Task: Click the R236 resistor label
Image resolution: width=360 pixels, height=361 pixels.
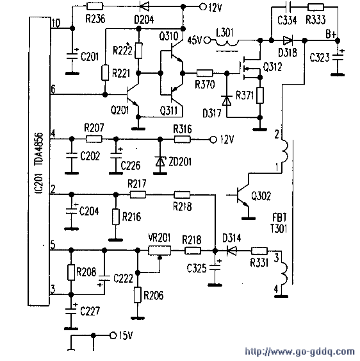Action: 95,19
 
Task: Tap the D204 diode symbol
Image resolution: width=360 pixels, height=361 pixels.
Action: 145,6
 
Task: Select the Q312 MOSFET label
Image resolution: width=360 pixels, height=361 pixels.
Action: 272,67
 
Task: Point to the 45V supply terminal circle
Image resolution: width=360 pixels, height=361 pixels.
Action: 208,40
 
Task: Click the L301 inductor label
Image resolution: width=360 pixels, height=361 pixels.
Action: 224,33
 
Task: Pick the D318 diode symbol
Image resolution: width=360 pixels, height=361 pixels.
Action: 288,40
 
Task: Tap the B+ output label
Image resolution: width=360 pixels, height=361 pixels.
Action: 331,34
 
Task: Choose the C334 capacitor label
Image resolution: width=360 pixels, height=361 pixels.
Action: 287,21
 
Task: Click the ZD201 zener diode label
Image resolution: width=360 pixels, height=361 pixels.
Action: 180,162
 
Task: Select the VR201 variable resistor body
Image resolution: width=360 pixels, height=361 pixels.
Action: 160,250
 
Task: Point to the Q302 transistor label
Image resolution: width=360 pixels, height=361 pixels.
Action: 261,196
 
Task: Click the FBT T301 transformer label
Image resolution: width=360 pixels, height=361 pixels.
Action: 279,223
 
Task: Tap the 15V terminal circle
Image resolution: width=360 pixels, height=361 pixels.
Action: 113,335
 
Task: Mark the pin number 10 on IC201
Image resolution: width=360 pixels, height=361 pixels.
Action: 56,23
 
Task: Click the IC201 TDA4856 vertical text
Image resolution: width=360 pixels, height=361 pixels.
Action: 39,163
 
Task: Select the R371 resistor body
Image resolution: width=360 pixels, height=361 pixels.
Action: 260,95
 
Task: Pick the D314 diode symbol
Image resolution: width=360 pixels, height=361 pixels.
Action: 231,251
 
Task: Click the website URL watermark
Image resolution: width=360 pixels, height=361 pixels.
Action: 300,351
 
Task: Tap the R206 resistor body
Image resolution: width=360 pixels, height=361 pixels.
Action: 137,295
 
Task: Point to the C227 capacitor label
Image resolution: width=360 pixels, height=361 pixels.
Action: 90,311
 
